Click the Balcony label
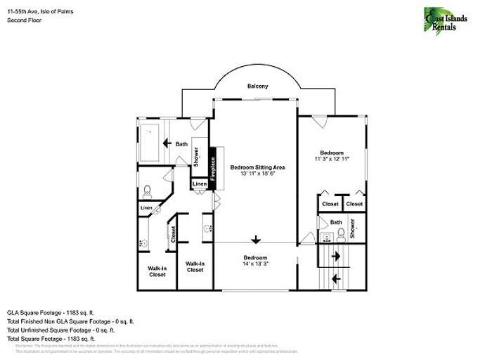pyautogui.click(x=257, y=86)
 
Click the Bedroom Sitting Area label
pyautogui.click(x=257, y=167)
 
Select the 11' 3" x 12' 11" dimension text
pyautogui.click(x=332, y=160)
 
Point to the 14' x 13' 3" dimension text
pyautogui.click(x=255, y=264)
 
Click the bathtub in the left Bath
pyautogui.click(x=150, y=143)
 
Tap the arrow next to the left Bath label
pyautogui.click(x=167, y=144)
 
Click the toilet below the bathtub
pyautogui.click(x=147, y=190)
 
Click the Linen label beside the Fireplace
pyautogui.click(x=199, y=185)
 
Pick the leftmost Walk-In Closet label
pyautogui.click(x=157, y=271)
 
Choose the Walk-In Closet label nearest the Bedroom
pyautogui.click(x=195, y=266)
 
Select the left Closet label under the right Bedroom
pyautogui.click(x=330, y=204)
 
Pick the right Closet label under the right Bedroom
pyautogui.click(x=354, y=204)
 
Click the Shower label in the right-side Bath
pyautogui.click(x=353, y=228)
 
